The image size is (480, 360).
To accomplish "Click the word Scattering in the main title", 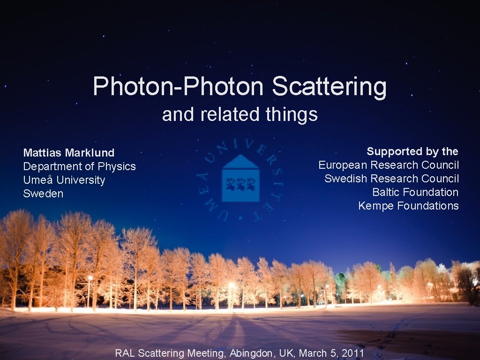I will pyautogui.click(x=329, y=87).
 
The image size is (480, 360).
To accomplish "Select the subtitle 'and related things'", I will pyautogui.click(x=240, y=114).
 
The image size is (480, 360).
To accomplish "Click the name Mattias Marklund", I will pyautogui.click(x=69, y=153).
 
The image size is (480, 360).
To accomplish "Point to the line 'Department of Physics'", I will pyautogui.click(x=79, y=166).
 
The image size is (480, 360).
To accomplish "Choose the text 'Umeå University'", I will pyautogui.click(x=64, y=180).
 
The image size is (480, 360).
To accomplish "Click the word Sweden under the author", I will pyautogui.click(x=43, y=194).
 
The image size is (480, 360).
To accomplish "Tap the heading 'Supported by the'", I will pyautogui.click(x=412, y=151).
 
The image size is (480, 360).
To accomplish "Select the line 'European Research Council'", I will pyautogui.click(x=389, y=165).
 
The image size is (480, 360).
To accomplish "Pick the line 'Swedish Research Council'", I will pyautogui.click(x=391, y=179).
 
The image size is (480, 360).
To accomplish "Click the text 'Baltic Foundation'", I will pyautogui.click(x=415, y=192).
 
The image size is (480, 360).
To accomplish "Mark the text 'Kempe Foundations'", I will pyautogui.click(x=408, y=206).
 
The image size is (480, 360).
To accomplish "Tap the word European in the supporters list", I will pyautogui.click(x=343, y=165).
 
